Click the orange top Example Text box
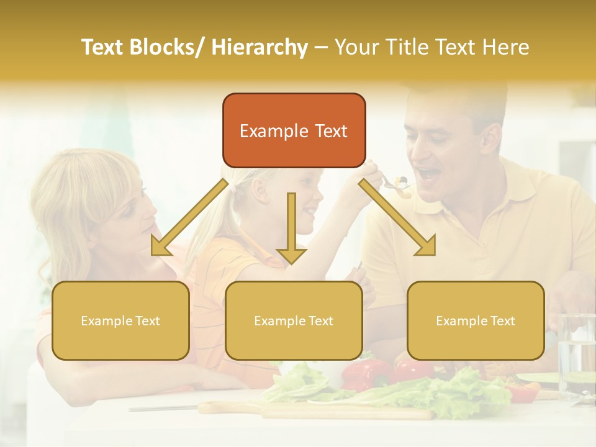tap(294, 130)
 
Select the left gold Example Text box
tap(120, 320)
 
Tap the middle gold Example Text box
tap(294, 320)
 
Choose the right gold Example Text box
tap(476, 320)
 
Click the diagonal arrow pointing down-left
tap(186, 220)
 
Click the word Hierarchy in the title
tap(259, 47)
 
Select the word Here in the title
tap(506, 47)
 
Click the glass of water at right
tap(577, 354)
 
